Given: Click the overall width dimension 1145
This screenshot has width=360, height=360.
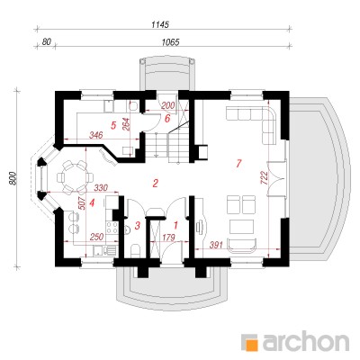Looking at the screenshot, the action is pos(160,24).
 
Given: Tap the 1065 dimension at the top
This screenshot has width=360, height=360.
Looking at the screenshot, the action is pos(170,42).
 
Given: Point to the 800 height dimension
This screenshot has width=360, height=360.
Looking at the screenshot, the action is pos(12,178).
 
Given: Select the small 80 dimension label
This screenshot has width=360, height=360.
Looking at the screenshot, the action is pos(46,41).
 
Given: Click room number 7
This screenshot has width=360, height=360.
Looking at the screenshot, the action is pos(238,164).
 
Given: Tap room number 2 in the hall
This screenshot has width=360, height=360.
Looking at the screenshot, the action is pos(155,183).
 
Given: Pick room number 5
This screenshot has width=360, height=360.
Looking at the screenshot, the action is pos(113,125).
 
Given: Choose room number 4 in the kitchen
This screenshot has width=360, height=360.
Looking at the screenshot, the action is pos(92,203).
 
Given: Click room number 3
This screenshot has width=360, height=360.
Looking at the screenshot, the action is pos(138,225).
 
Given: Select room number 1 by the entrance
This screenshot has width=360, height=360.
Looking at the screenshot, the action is pos(176,224).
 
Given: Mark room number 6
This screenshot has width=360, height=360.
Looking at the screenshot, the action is pos(167,118).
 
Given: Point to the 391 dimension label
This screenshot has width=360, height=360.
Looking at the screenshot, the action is pos(216,246).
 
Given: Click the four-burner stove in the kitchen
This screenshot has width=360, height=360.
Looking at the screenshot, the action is pos(112,228).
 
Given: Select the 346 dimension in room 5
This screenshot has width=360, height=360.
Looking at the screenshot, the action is pos(96,135).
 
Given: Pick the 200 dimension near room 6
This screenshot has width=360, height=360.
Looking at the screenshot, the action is pos(168,105).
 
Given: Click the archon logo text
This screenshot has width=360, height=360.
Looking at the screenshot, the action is pos(306,341).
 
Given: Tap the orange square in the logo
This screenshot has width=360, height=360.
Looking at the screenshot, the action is pos(252,345).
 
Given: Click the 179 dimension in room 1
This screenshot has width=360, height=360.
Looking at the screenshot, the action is pos(168,238).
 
